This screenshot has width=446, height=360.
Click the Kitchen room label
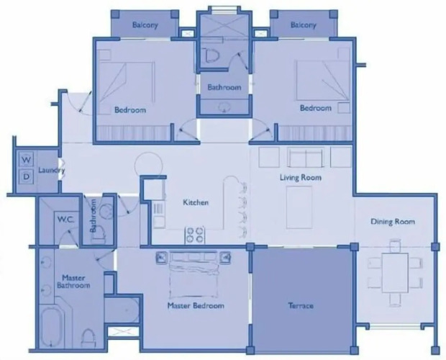tap(196, 202)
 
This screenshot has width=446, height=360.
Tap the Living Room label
tap(301, 178)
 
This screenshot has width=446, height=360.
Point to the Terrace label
tap(301, 306)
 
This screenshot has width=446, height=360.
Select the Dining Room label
tap(393, 222)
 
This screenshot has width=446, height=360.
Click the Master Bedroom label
tap(196, 306)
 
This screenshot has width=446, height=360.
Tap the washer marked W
tap(26, 159)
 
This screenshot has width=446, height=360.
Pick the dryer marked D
tap(26, 176)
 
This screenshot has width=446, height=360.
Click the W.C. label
tap(65, 220)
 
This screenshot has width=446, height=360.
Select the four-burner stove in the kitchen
tap(195, 235)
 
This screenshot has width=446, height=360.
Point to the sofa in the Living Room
tap(306, 157)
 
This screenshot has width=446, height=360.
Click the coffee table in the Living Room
tap(299, 207)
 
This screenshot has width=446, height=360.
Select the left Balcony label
tap(145, 24)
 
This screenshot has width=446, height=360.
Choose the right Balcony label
tap(304, 25)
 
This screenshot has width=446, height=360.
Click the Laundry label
tap(52, 170)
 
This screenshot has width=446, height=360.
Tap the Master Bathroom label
tap(73, 282)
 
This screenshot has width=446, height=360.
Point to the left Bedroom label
tap(130, 110)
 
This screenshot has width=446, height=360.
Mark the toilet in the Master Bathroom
tap(88, 338)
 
